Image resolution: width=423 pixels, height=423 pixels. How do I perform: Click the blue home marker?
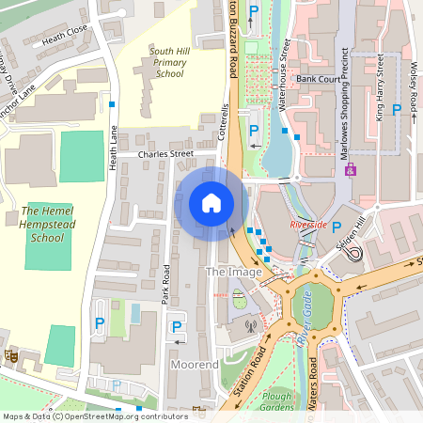211,202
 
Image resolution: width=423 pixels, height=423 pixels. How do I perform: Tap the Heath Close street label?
66,30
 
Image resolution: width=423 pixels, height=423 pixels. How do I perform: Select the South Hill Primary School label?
169,61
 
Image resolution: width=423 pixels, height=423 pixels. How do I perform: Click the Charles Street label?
164,154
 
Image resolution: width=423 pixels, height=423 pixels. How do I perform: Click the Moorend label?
195,364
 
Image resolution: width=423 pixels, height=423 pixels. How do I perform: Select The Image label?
228,272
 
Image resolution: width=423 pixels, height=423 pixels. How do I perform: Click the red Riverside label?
307,226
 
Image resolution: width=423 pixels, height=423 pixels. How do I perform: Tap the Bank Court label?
318,79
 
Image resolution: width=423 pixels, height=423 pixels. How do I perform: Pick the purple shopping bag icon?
352,170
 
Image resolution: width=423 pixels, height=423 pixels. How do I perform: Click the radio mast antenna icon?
251,327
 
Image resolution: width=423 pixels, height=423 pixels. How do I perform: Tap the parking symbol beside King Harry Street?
396,110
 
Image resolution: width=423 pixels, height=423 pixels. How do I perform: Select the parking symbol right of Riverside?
336,227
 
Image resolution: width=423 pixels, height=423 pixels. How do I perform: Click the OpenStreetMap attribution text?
94,416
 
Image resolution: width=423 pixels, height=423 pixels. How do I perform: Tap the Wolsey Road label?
413,85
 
